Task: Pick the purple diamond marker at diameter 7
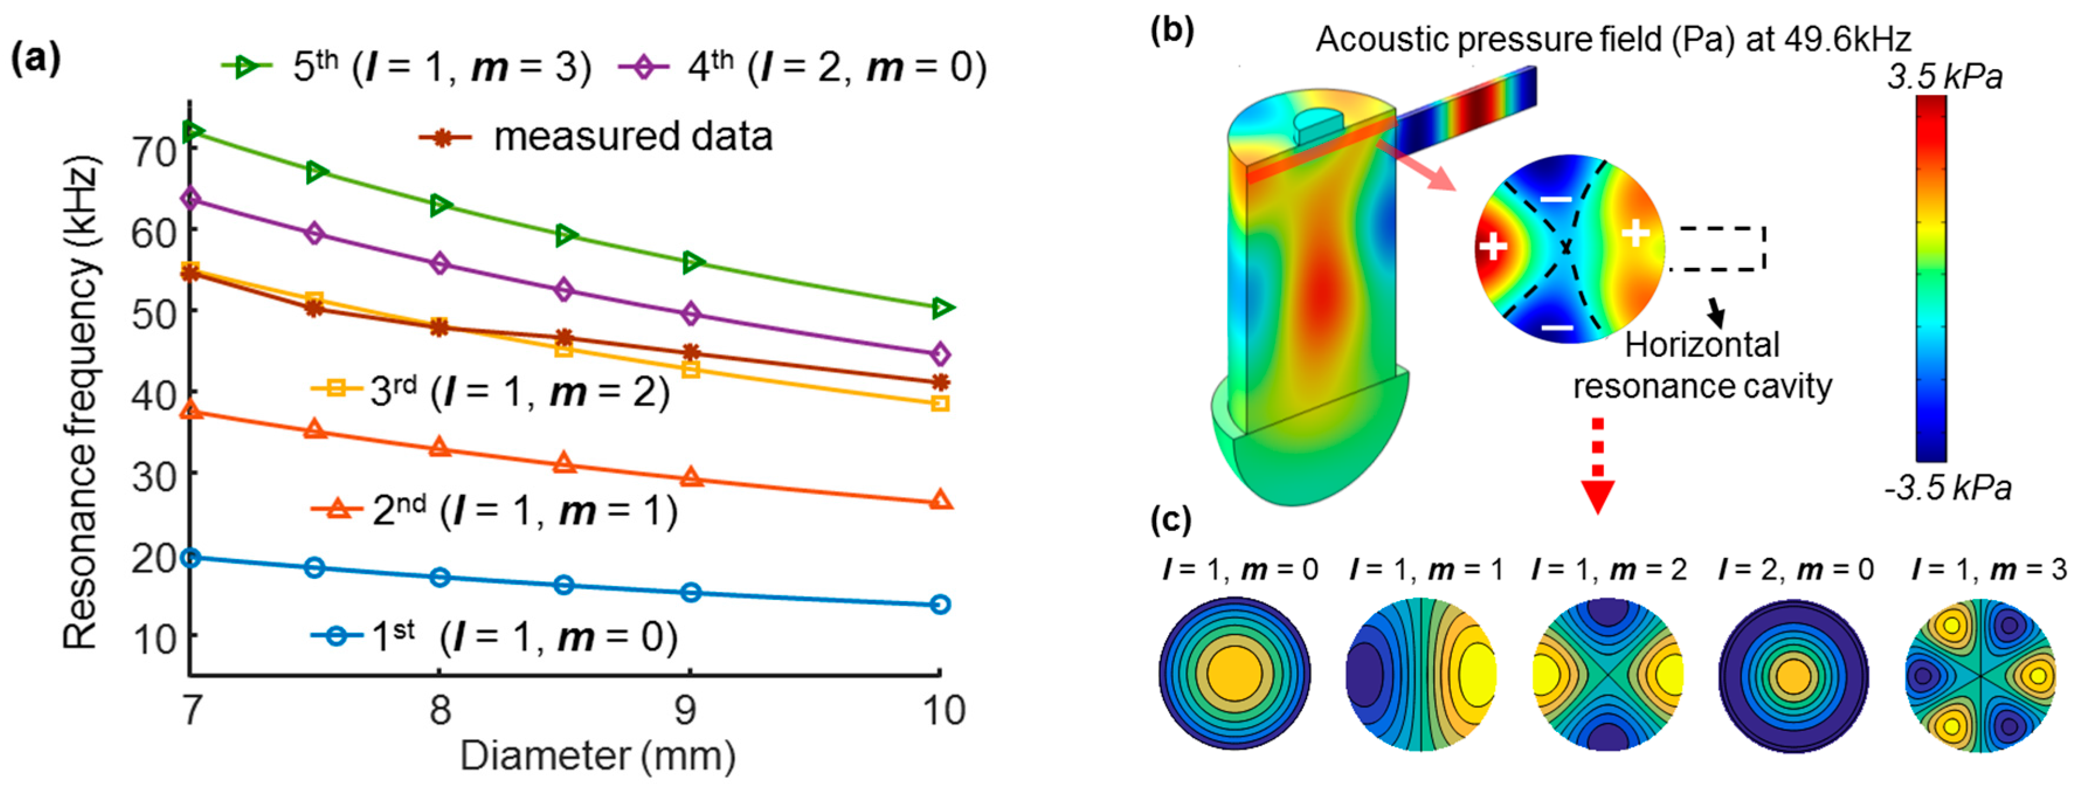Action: coord(191,199)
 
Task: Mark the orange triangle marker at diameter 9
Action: coord(691,477)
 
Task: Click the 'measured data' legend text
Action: coord(633,136)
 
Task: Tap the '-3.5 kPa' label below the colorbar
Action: coord(1947,488)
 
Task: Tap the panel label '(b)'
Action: coord(1172,30)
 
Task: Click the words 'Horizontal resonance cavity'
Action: coord(1702,365)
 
